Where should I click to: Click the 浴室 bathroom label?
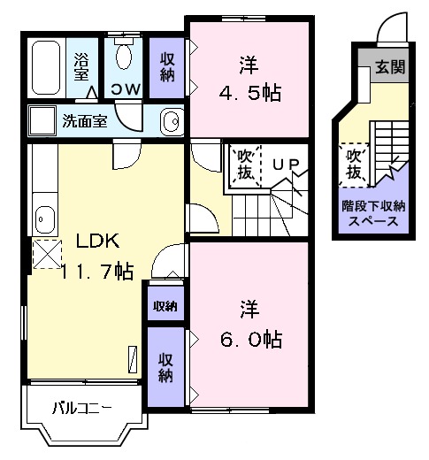click(x=81, y=68)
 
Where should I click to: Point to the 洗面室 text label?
click(x=84, y=121)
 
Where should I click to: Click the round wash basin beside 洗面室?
click(x=172, y=120)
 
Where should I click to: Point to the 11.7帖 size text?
click(x=97, y=272)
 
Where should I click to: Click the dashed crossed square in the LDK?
click(x=46, y=255)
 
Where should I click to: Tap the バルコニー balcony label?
click(x=80, y=408)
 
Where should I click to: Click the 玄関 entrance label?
click(x=387, y=67)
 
